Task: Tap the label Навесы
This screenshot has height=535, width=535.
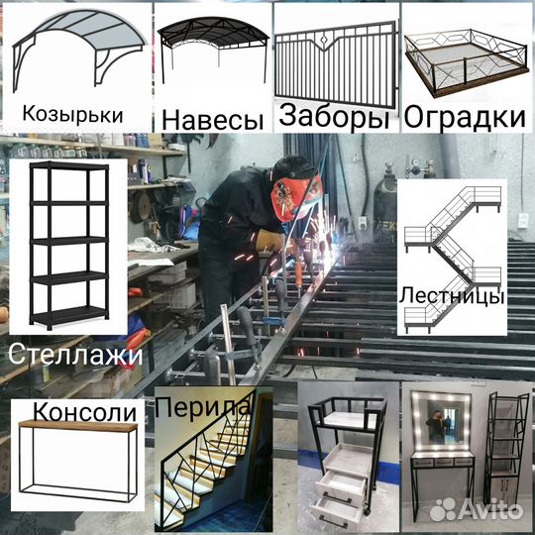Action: (213, 119)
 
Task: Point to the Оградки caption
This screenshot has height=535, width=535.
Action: (464, 118)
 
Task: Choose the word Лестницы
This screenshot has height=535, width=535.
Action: (452, 295)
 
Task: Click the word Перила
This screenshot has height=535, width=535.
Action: (204, 408)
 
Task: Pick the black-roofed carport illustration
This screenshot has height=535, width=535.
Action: (211, 50)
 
